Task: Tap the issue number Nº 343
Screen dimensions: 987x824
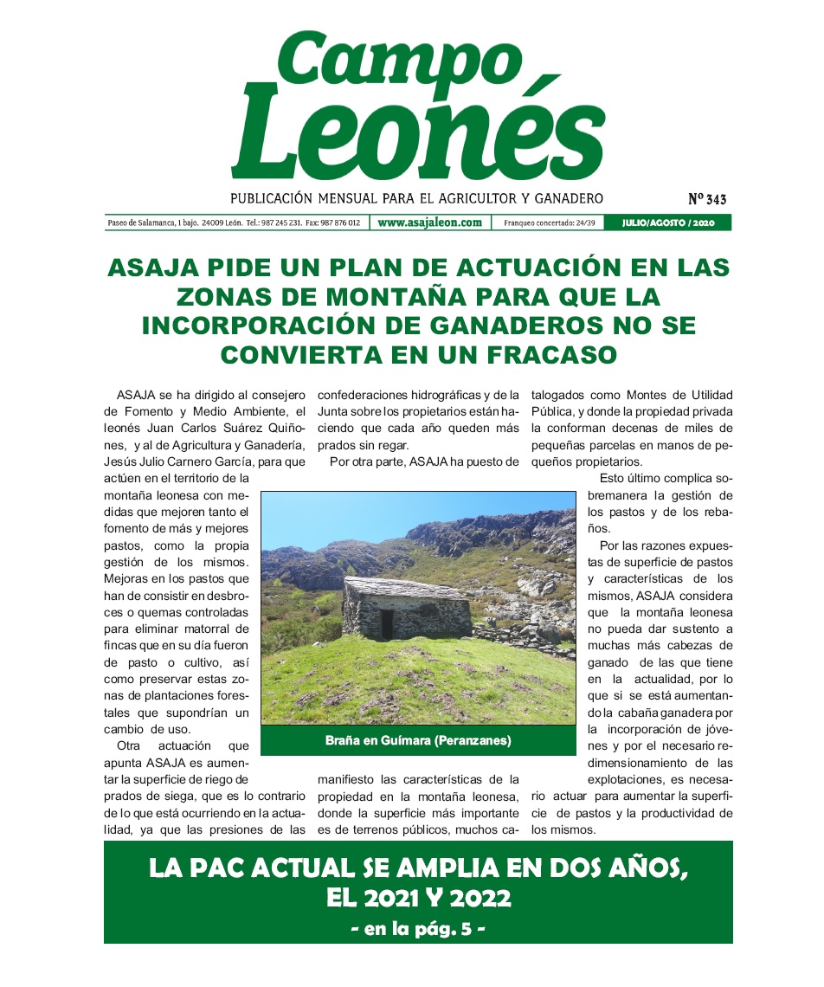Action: [707, 199]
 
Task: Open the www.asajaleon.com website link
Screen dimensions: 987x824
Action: [429, 223]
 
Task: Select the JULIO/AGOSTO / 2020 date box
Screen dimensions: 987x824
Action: [668, 223]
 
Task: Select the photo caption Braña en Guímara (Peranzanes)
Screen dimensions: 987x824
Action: [418, 741]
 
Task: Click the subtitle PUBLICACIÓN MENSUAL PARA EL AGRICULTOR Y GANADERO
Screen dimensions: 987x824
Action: [416, 198]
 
